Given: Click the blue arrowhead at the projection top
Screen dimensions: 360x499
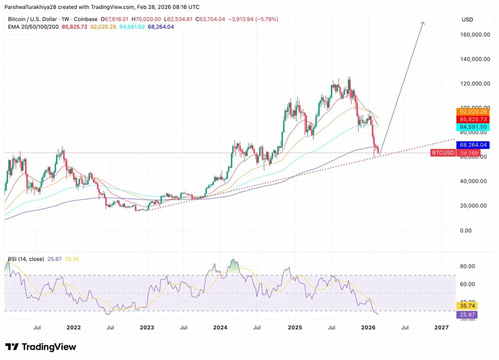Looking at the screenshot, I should [x=423, y=23].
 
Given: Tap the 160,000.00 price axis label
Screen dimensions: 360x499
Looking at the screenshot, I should [x=474, y=35].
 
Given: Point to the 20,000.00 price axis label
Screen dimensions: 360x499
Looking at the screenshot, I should [x=474, y=206].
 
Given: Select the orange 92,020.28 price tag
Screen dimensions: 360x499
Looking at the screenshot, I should [x=474, y=112].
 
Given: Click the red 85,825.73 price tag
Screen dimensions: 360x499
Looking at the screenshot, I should [x=474, y=120].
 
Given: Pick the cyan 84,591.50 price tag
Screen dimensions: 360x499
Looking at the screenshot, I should [x=474, y=127].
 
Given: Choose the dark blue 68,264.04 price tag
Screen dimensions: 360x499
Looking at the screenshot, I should [x=474, y=145].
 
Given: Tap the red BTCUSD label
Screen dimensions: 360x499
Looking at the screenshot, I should [x=443, y=152].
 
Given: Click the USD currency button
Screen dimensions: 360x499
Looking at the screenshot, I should [x=468, y=19].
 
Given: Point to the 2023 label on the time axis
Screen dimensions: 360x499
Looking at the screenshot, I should [x=147, y=328].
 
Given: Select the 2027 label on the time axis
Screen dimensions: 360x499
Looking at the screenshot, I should [x=441, y=328].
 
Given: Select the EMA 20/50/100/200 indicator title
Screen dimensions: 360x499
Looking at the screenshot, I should [x=33, y=26].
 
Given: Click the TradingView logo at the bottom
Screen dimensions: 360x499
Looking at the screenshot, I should [x=41, y=347].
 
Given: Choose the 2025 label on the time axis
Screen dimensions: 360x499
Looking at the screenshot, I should [x=294, y=328].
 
